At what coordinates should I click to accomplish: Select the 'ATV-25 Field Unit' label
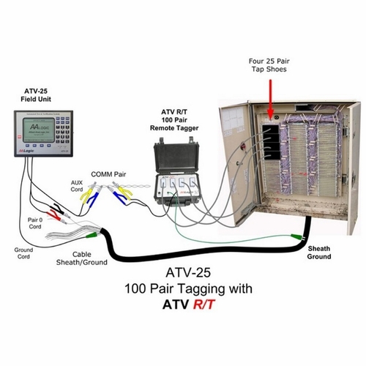click(x=34, y=94)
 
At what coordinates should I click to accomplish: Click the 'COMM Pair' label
click(x=107, y=173)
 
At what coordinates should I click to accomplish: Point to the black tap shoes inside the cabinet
click(x=271, y=139)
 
